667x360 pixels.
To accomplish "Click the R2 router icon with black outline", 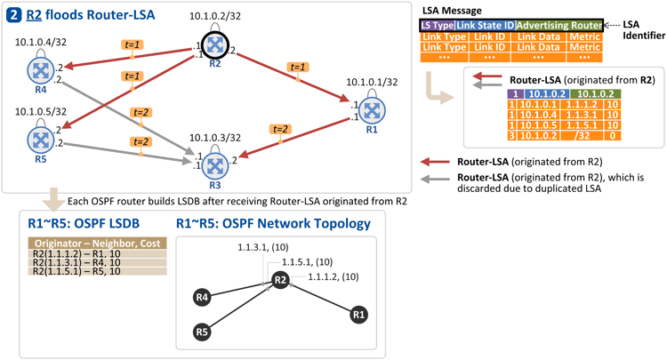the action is (215, 44).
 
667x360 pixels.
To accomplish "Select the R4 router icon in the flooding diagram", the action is (40, 70).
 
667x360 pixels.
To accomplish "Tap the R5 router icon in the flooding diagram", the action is (40, 140).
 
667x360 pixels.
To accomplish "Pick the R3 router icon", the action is (215, 165).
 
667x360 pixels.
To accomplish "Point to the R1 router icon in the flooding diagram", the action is (372, 110).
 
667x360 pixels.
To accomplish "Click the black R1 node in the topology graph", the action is (358, 315).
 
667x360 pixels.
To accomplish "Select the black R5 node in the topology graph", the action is (202, 331).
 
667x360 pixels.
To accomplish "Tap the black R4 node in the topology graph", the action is (202, 297).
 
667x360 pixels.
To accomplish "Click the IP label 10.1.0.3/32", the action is (215, 138).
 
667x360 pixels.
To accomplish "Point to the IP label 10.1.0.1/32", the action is (372, 82).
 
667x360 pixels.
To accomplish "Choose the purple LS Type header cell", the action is (438, 26).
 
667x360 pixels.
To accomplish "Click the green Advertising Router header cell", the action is (559, 26).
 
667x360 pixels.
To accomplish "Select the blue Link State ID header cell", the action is (486, 26).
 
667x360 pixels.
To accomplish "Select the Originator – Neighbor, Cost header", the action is (98, 244).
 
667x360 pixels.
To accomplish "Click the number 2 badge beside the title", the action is (13, 15).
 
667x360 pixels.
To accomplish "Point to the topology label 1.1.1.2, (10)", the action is (333, 277).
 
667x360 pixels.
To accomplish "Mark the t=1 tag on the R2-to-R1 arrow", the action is (298, 68).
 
